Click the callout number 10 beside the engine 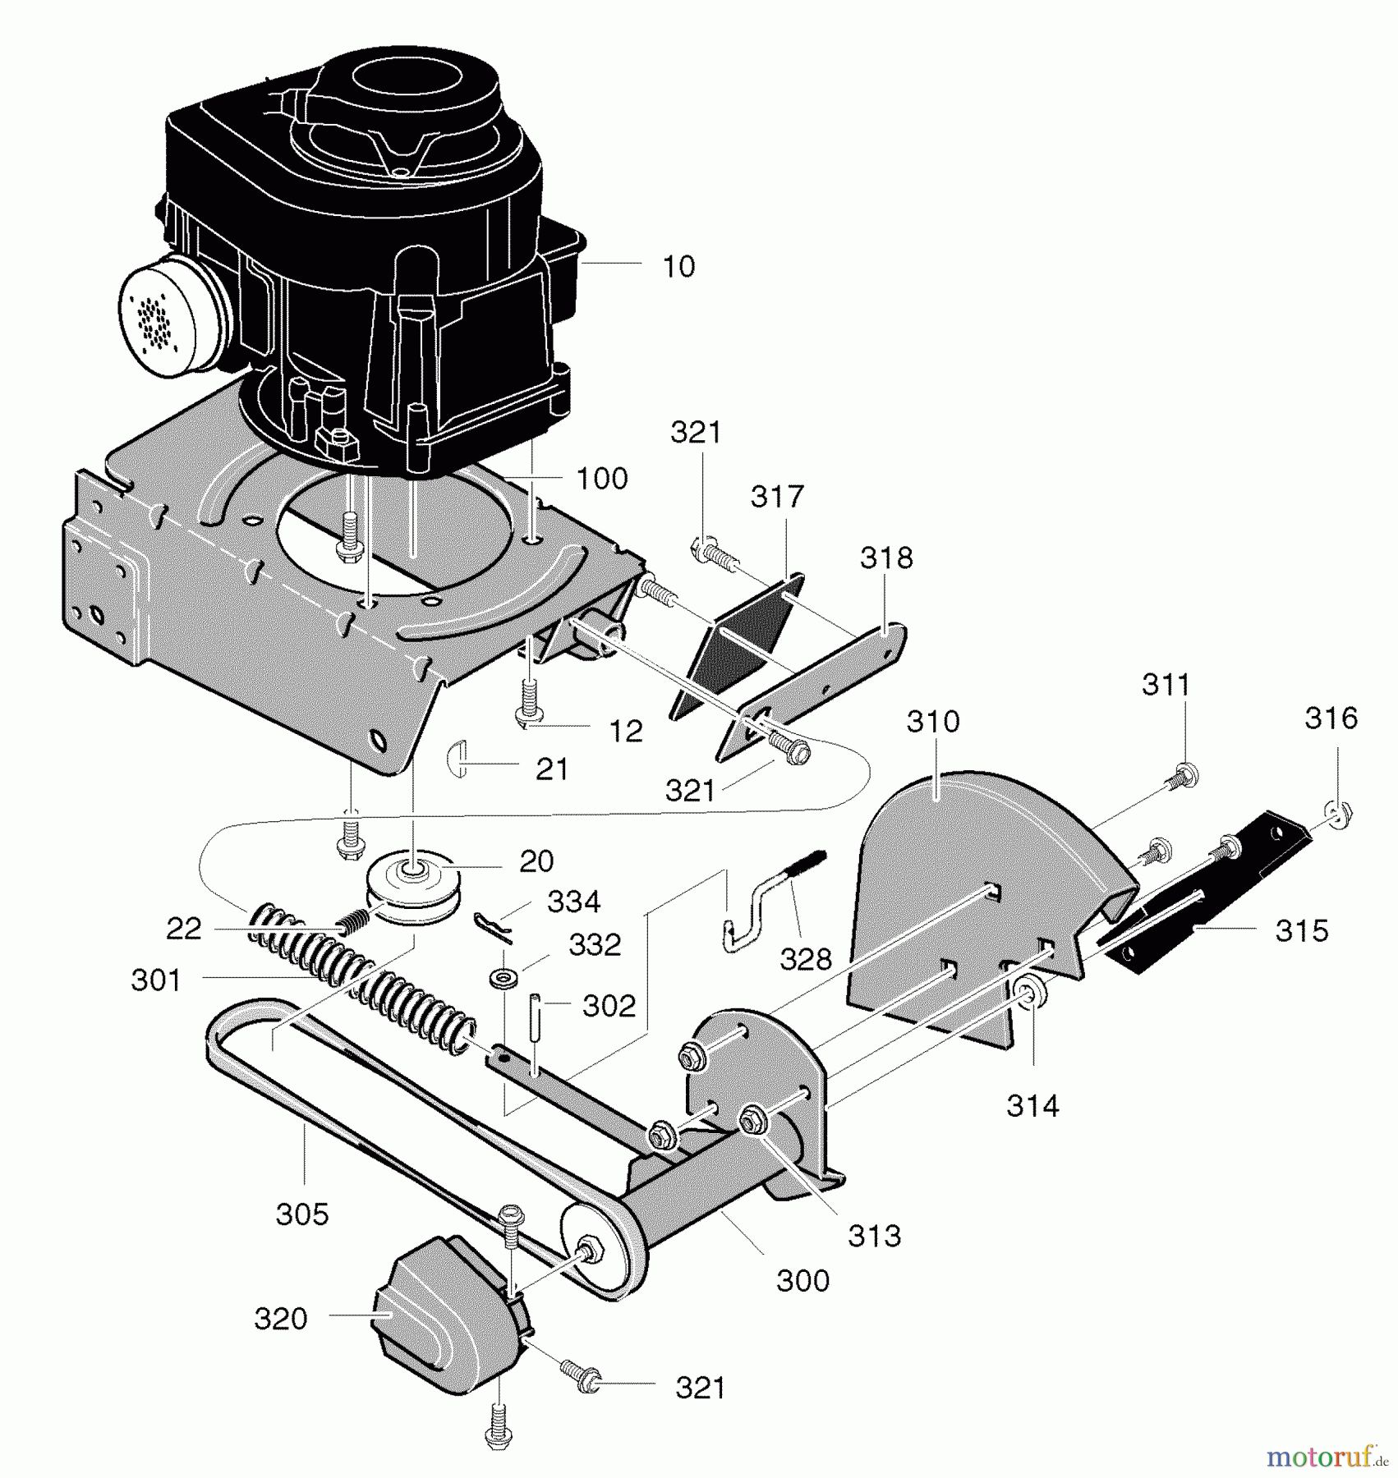(x=678, y=266)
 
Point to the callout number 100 (x=602, y=478)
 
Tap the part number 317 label (x=777, y=496)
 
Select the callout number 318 (x=886, y=558)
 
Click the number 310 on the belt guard (x=933, y=721)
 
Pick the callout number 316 (x=1331, y=718)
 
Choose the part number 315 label (x=1302, y=930)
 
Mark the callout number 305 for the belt (x=302, y=1214)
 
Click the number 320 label (x=281, y=1318)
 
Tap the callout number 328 (x=806, y=958)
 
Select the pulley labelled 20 (x=413, y=891)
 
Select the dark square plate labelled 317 (x=738, y=645)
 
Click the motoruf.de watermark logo (x=1327, y=1457)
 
